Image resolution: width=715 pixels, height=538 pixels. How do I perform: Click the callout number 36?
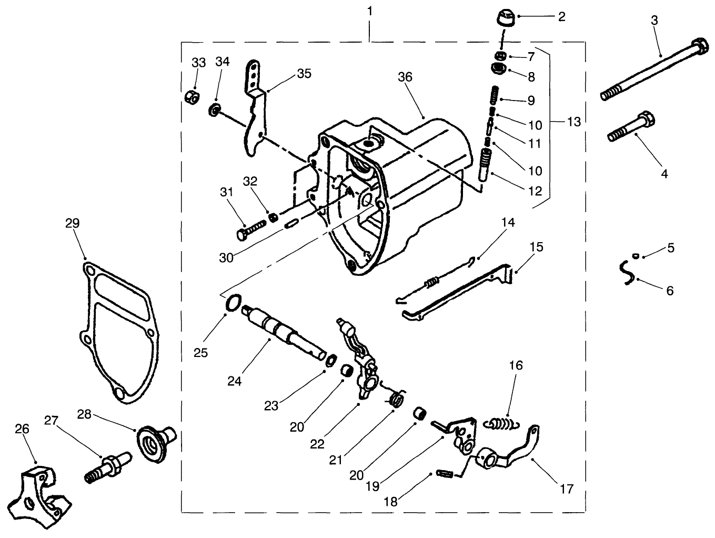click(x=405, y=77)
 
